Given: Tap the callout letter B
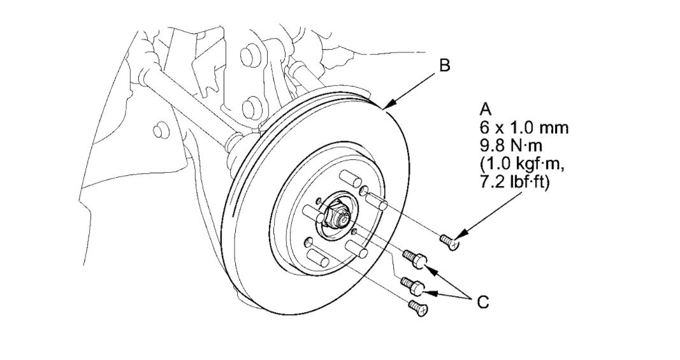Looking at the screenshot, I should [x=445, y=65].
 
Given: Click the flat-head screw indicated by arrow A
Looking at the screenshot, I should [x=449, y=241].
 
